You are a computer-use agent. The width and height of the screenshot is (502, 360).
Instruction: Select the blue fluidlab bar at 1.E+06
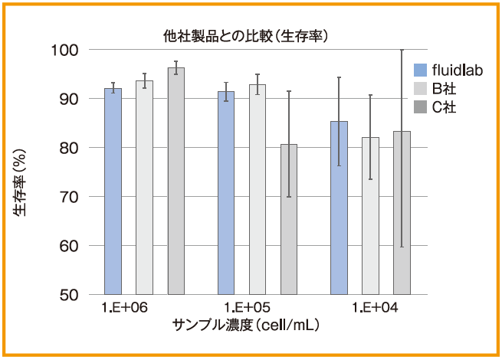[113, 191]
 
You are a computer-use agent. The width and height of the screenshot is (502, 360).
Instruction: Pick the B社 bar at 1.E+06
[144, 188]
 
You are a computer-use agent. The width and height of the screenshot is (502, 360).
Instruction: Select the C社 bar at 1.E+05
[289, 219]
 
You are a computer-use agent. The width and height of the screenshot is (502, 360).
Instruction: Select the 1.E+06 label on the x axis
[124, 308]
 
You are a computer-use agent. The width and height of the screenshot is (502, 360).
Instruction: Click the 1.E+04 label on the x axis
[375, 308]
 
